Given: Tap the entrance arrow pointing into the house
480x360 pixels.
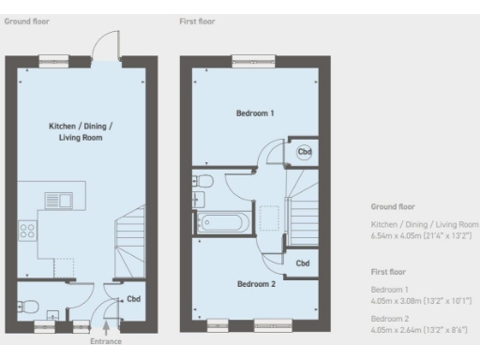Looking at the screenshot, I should pyautogui.click(x=106, y=327).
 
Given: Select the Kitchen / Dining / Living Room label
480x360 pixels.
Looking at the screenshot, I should pyautogui.click(x=74, y=131).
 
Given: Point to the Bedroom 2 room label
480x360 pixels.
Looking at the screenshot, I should pyautogui.click(x=256, y=284).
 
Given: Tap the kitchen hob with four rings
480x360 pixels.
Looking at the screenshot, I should pyautogui.click(x=28, y=229).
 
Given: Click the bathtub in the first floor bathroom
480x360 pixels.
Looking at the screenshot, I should pyautogui.click(x=222, y=222).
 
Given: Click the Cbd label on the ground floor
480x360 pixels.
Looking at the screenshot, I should pyautogui.click(x=134, y=300).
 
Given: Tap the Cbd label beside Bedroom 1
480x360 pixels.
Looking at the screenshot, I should pyautogui.click(x=304, y=151).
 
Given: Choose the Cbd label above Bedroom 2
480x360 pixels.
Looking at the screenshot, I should pyautogui.click(x=303, y=263).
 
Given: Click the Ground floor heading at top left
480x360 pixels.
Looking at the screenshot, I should pyautogui.click(x=26, y=20).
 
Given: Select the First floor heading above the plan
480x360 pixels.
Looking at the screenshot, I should pyautogui.click(x=197, y=20).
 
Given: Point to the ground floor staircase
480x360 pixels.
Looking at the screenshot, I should pyautogui.click(x=129, y=246).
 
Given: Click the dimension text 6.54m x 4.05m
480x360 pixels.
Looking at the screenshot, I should pyautogui.click(x=424, y=236).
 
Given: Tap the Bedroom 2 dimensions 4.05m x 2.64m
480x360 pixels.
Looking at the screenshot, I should pyautogui.click(x=419, y=329).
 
